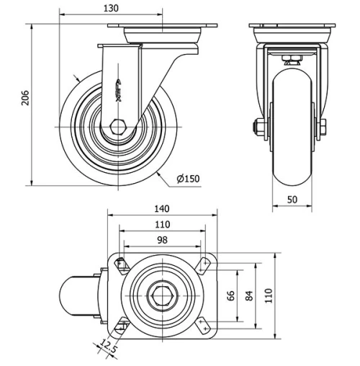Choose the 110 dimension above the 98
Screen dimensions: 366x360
coord(161,224)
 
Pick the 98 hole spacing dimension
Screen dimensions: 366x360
coord(161,239)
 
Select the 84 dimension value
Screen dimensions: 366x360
coord(249,296)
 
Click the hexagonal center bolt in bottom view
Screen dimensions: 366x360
coord(161,296)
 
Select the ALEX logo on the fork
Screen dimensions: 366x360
coord(119,90)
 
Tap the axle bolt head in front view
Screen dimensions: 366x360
coord(256,129)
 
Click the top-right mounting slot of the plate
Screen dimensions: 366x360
coord(204,264)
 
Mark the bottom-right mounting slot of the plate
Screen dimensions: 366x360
coord(204,327)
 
